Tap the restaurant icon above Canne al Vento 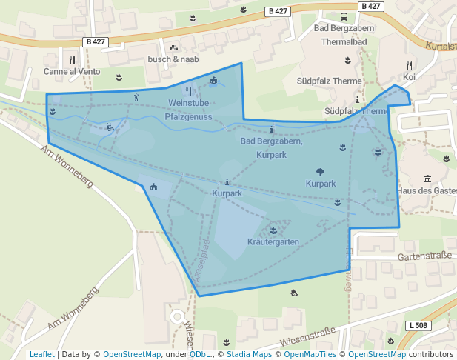[72, 60]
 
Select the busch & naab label [173, 59]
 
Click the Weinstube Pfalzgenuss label [188, 110]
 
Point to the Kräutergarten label [273, 242]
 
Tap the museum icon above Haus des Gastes [428, 179]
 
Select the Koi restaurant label [409, 76]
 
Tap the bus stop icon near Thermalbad [344, 16]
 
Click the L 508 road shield [418, 326]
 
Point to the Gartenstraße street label [424, 256]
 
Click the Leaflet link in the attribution [41, 354]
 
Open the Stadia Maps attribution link [247, 354]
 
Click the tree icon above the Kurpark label [320, 171]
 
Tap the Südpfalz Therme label [339, 81]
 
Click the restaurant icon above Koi [409, 64]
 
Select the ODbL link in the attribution [200, 354]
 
